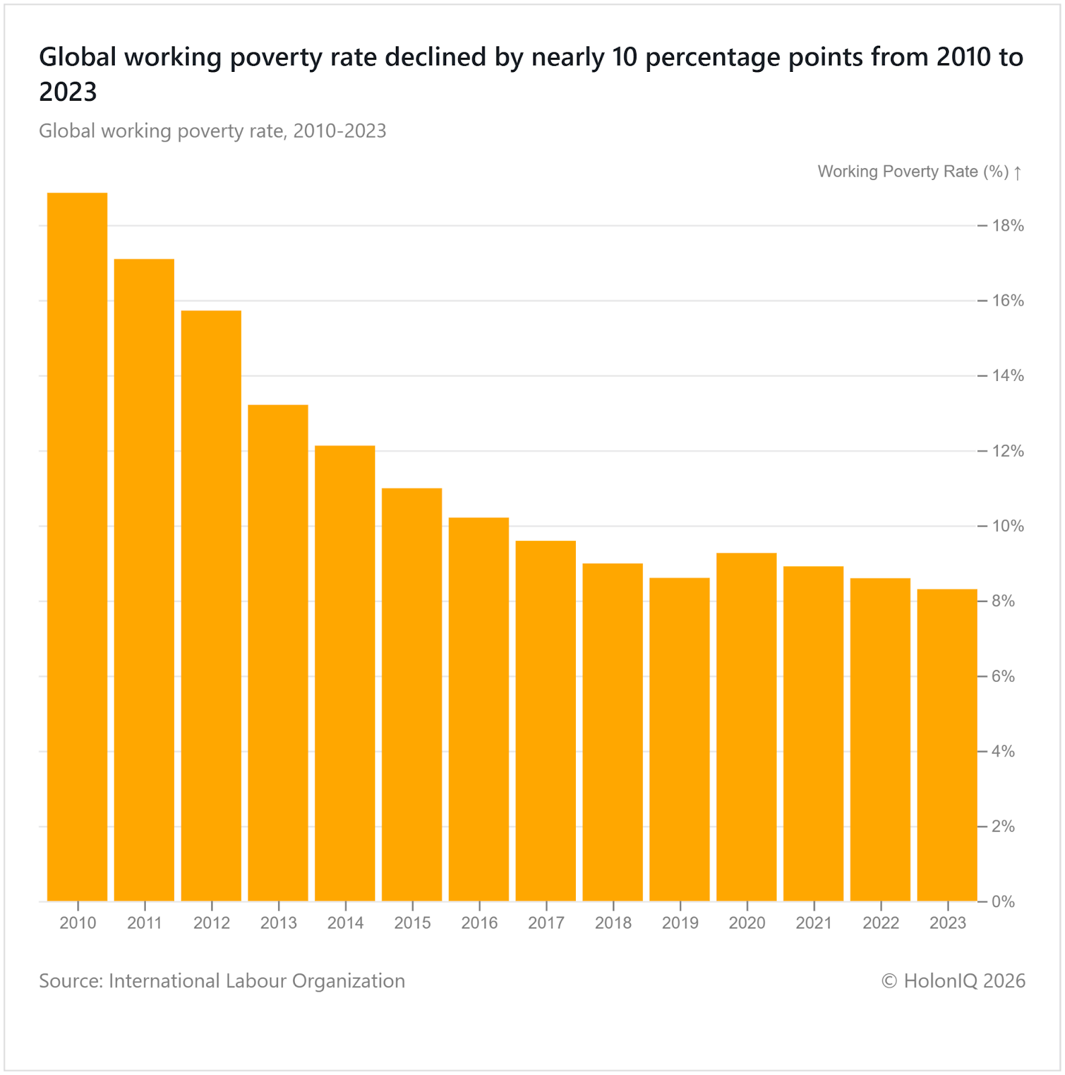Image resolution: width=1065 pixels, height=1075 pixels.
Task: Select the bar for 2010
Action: (77, 547)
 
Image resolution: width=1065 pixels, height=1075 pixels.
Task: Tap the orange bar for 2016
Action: (479, 709)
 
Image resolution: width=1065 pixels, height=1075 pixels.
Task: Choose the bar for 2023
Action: (947, 745)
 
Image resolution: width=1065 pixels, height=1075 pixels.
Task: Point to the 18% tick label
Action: (1008, 226)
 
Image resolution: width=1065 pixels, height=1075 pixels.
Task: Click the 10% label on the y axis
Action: (1008, 526)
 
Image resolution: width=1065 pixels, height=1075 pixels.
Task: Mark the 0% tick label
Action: (1004, 902)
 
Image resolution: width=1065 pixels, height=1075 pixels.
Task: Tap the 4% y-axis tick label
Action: (1004, 751)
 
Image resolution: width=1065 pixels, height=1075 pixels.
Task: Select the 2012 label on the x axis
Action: (212, 923)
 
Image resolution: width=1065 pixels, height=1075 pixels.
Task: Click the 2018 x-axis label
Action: (613, 923)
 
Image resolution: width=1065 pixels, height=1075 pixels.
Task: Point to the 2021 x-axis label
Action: (814, 923)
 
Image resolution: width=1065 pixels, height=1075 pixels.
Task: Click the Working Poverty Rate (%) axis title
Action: (913, 172)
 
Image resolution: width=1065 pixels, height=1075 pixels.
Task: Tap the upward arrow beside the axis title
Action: (1018, 173)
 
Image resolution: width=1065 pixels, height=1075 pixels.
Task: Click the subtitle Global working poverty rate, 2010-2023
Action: (212, 130)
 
